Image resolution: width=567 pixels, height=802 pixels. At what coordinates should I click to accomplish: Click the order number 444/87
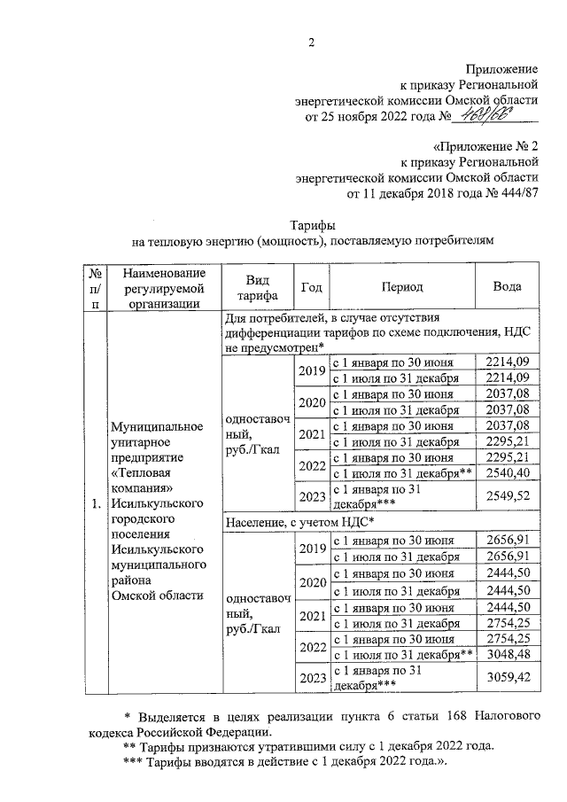(517, 192)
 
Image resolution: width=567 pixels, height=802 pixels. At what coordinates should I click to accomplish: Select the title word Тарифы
(312, 224)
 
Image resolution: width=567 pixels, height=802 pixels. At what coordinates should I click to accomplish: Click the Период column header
(402, 287)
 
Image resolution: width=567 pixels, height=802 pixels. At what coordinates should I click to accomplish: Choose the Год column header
(312, 287)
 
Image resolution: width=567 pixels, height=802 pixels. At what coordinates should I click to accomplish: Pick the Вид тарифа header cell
(257, 287)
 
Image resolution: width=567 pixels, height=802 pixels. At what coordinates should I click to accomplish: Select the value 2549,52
(506, 495)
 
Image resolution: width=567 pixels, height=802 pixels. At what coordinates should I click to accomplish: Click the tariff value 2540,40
(508, 474)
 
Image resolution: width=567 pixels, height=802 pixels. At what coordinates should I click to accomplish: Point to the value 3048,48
(508, 654)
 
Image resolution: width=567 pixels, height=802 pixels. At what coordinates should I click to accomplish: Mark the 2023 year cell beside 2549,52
(312, 495)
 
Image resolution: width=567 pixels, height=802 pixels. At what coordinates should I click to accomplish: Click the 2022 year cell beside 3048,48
(312, 646)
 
